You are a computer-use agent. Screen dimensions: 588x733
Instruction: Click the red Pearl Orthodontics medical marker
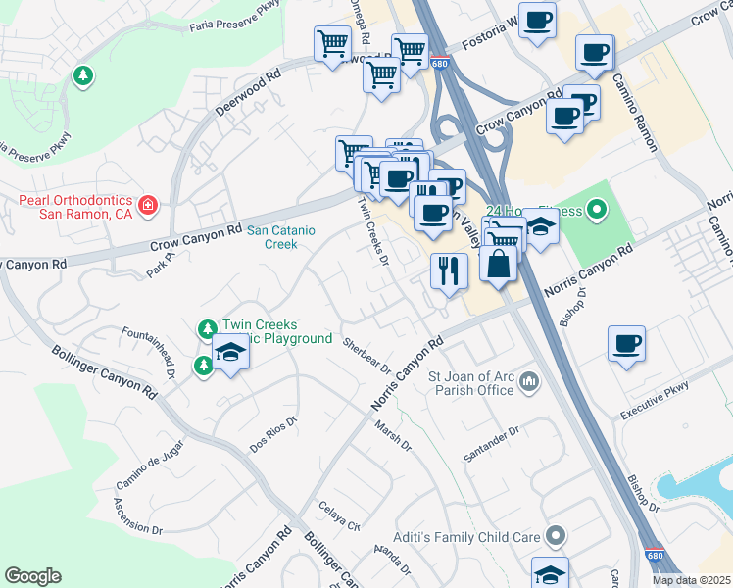[148, 206]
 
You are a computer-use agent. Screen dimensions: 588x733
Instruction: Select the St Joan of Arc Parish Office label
[471, 383]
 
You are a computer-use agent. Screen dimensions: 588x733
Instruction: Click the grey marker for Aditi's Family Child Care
[557, 536]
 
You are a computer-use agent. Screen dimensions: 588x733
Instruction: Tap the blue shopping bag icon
[498, 265]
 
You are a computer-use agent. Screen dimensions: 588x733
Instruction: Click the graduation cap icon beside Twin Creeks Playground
[230, 353]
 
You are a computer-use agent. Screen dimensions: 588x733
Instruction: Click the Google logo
[33, 576]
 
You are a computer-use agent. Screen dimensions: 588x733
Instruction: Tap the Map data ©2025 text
[691, 580]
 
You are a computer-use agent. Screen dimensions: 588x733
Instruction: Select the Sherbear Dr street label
[366, 357]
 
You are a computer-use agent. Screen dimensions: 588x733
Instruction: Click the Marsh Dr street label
[393, 436]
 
